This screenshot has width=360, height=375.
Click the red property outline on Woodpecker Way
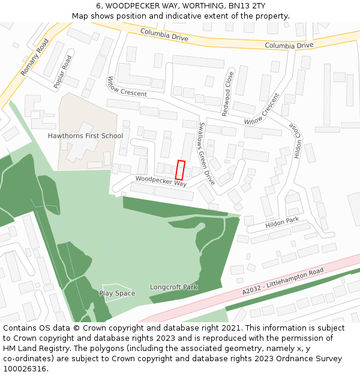pos(180,170)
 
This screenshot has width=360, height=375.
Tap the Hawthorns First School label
pos(85,136)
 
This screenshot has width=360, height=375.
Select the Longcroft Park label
pos(173,287)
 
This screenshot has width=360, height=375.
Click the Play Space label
pos(117,293)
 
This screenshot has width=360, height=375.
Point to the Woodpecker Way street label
pos(161,181)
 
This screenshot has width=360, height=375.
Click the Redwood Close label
pos(227,94)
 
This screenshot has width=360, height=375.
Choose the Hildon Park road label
pos(281,224)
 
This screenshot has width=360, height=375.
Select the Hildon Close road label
pos(297,140)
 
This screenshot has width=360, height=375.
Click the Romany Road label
pos(34,58)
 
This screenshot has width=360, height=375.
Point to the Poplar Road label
pos(62,72)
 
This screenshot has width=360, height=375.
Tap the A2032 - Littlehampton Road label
pos(283,281)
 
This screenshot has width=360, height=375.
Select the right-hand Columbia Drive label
pos(289,45)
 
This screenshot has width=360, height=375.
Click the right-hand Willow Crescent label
pos(262,109)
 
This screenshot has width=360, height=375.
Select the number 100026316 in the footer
pos(25,368)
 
